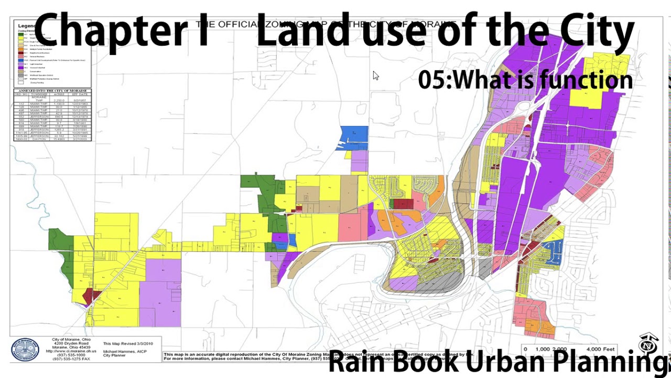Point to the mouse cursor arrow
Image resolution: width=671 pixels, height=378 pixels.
(375, 76)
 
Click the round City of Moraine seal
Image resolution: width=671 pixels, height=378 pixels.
(25, 350)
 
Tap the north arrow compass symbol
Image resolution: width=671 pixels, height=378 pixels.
(648, 344)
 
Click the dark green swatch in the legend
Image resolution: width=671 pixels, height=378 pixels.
(21, 34)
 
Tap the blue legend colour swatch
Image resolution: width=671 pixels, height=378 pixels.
(21, 60)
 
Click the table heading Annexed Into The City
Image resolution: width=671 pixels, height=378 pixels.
(52, 91)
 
